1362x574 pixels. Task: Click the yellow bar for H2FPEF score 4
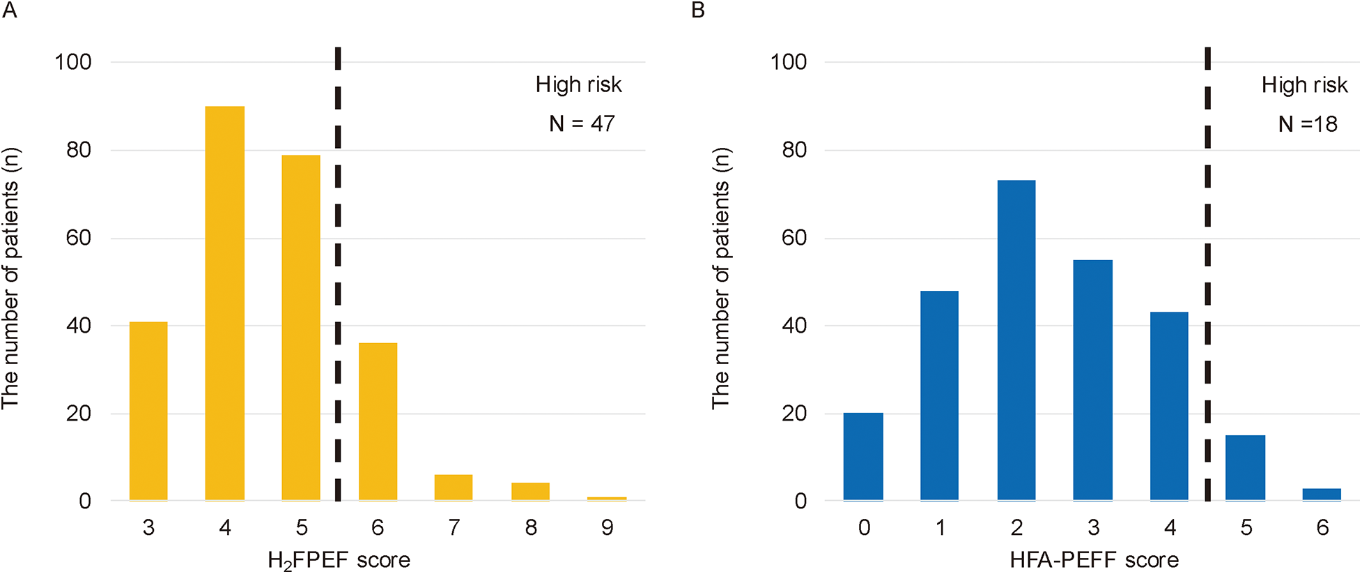(224, 303)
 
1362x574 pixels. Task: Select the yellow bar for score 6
(378, 421)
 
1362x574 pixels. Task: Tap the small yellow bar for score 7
(454, 488)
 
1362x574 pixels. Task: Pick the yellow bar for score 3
(148, 411)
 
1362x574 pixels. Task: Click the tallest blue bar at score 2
(1016, 340)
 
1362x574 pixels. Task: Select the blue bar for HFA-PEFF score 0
(863, 457)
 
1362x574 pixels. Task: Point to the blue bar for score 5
(1245, 468)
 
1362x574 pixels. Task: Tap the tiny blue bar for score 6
(1322, 494)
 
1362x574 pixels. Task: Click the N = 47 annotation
(582, 124)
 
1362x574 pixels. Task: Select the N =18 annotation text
(1308, 124)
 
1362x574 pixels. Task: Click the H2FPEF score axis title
(339, 560)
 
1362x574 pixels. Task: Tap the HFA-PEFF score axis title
(1094, 560)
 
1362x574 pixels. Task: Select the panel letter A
(9, 10)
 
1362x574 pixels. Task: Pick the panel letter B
(698, 10)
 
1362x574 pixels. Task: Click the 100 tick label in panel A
(73, 62)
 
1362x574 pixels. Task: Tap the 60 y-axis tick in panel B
(794, 238)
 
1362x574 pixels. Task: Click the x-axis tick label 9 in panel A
(607, 527)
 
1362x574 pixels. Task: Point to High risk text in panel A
(578, 84)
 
